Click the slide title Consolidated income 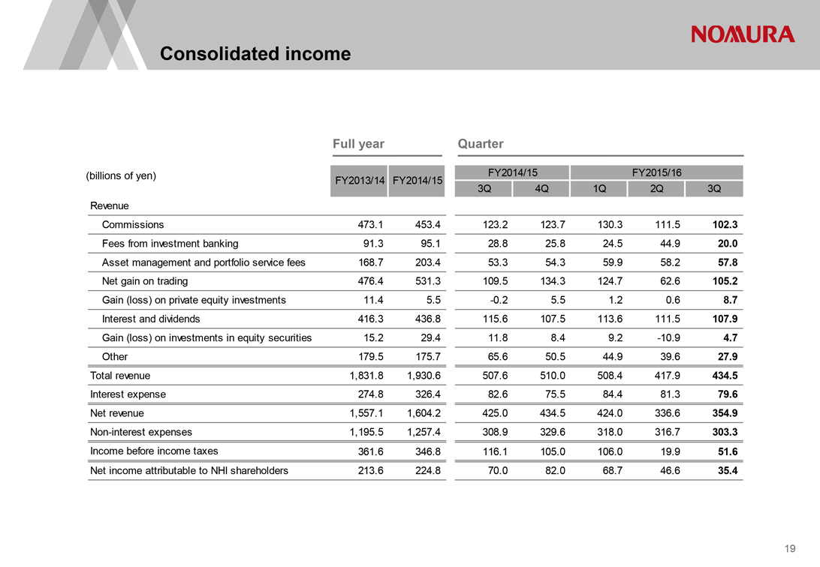coord(255,54)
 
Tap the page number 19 coord(789,549)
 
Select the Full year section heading coord(358,144)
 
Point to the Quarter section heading coord(481,144)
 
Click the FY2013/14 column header coord(360,181)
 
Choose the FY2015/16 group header coord(656,172)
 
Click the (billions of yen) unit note coord(121,176)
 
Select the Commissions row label coord(133,224)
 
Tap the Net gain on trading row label coord(145,281)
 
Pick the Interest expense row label coord(128,394)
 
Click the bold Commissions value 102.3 coord(724,224)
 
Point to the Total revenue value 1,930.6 coord(423,375)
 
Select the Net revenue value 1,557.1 coord(367,413)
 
